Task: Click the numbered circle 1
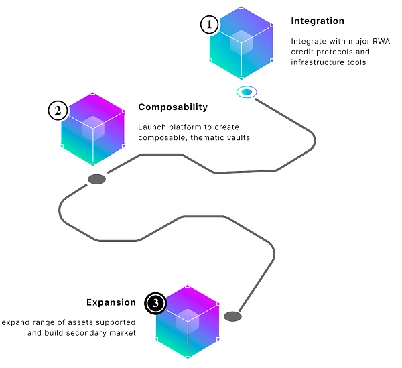[210, 25]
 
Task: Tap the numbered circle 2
[58, 111]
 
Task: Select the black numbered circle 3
[156, 304]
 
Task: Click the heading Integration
[318, 21]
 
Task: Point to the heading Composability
[173, 107]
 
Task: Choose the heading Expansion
[111, 302]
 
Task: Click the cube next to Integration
[241, 44]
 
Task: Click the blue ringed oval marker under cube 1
[246, 91]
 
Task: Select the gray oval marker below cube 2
[97, 179]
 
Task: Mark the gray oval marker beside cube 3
[232, 316]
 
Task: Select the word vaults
[237, 137]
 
